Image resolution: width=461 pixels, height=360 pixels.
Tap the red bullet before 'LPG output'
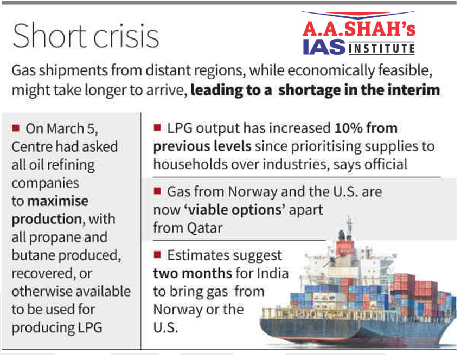[x=157, y=128]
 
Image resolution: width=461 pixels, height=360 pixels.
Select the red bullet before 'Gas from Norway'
[x=157, y=191]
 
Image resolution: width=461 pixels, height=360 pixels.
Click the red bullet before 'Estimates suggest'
[x=157, y=255]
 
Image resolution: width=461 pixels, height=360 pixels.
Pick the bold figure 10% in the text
[x=348, y=128]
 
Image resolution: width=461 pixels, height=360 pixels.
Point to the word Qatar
[x=203, y=228]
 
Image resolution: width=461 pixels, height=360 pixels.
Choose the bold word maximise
[x=58, y=201]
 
